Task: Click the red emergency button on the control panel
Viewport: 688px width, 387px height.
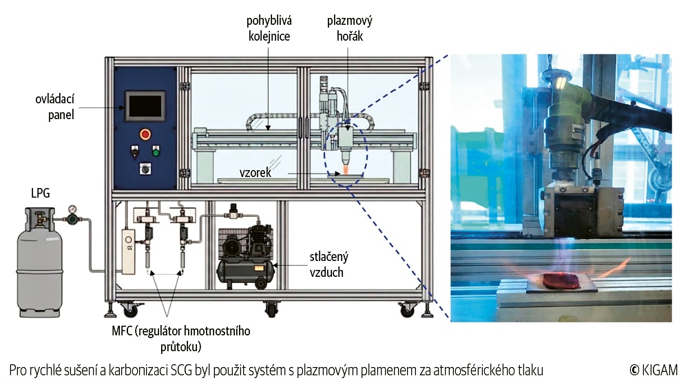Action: click(x=145, y=134)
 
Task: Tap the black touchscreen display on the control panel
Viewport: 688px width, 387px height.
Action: click(x=145, y=105)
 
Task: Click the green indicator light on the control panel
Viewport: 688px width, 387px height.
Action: click(x=156, y=151)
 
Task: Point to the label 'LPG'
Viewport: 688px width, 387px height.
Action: click(x=41, y=193)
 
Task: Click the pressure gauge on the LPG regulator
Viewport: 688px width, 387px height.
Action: click(x=72, y=209)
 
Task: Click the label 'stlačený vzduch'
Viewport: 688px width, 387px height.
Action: click(x=329, y=264)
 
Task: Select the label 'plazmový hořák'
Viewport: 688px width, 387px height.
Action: click(x=350, y=28)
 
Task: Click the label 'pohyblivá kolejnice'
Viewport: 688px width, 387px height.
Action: click(x=269, y=28)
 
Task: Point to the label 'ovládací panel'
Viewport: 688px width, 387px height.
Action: click(x=55, y=107)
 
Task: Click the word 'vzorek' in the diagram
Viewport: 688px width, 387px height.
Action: click(x=256, y=172)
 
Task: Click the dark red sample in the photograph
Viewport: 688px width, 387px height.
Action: click(x=562, y=280)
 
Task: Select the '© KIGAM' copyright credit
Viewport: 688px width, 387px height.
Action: click(x=654, y=370)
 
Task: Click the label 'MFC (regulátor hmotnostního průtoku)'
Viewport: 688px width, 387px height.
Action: click(x=180, y=338)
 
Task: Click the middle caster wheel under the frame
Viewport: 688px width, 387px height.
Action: click(x=272, y=309)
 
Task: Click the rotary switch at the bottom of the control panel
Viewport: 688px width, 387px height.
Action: click(x=145, y=168)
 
